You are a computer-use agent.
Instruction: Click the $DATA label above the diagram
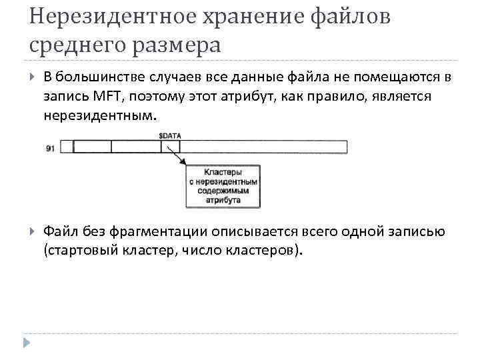pyautogui.click(x=169, y=135)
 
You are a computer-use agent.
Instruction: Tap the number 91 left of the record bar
pyautogui.click(x=51, y=148)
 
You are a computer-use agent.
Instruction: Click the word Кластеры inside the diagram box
pyautogui.click(x=223, y=172)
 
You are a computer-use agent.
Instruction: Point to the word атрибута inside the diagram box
pyautogui.click(x=223, y=199)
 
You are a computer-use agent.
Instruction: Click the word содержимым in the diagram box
pyautogui.click(x=223, y=190)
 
